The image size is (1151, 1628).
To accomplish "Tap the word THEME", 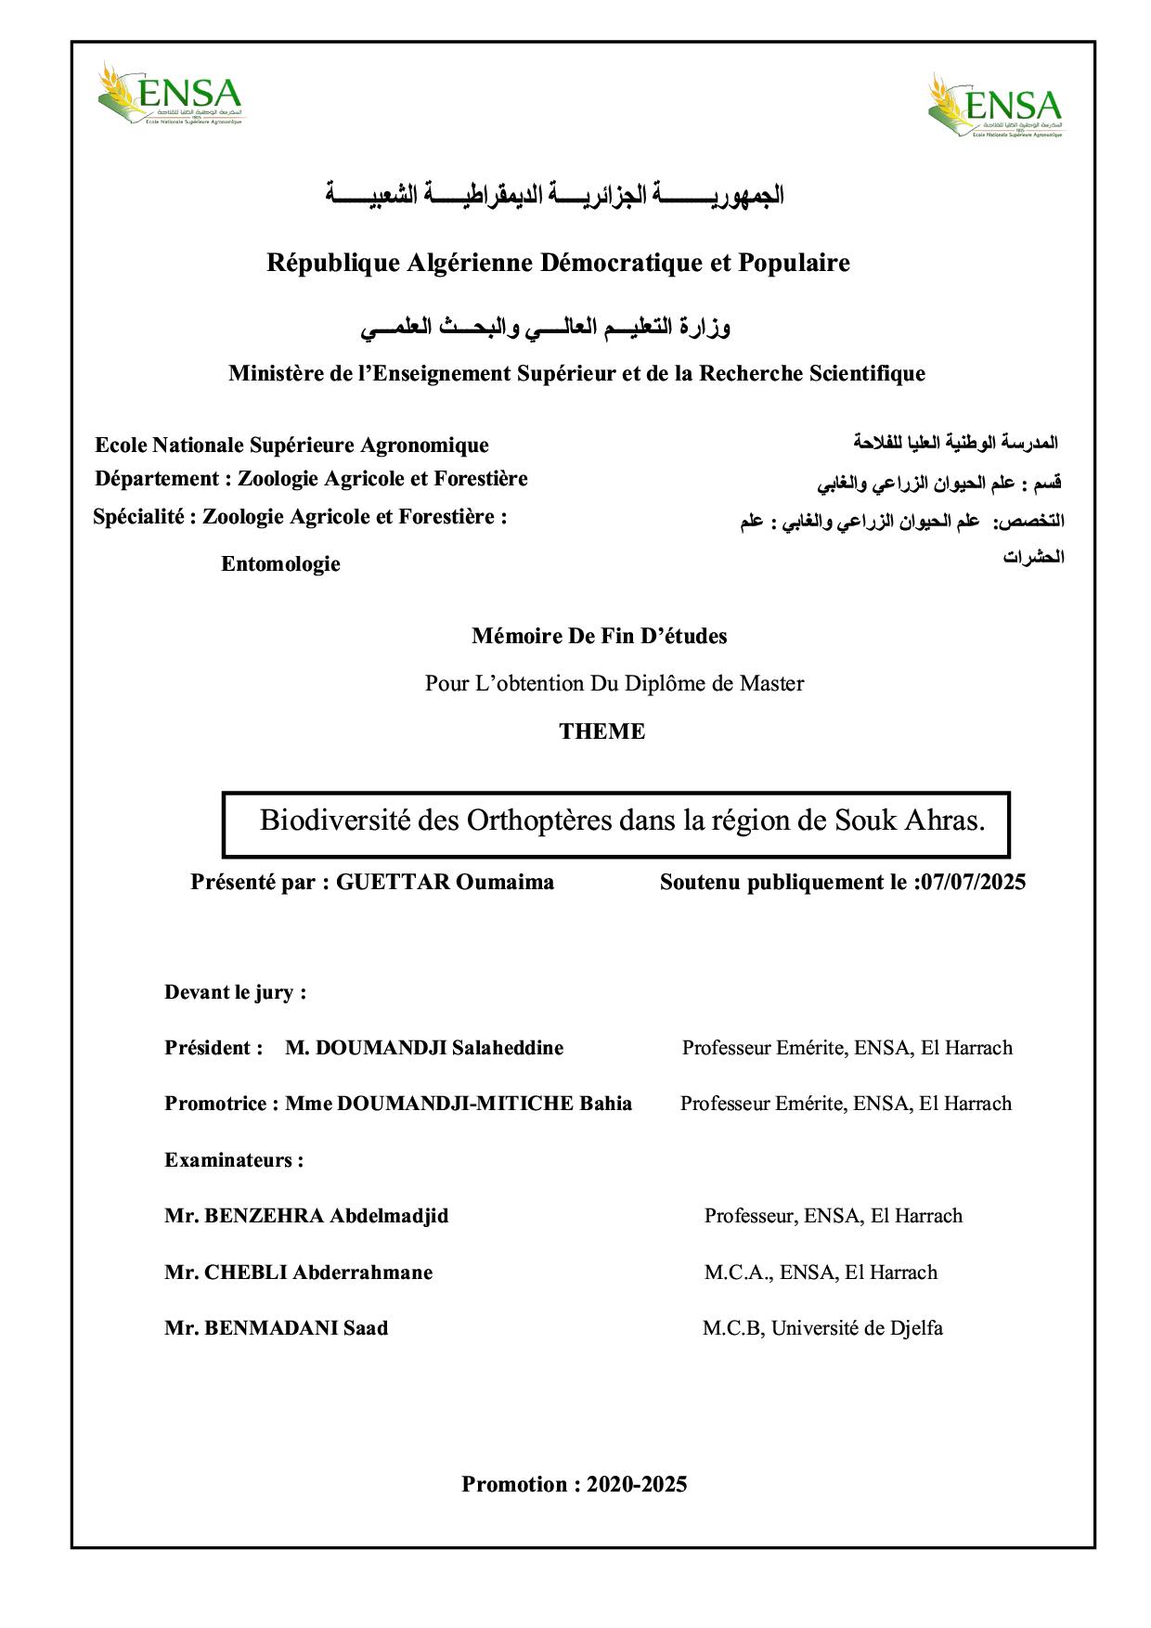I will tap(601, 731).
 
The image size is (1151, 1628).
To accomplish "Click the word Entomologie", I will tap(280, 563).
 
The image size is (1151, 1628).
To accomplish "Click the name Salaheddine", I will tap(507, 1048).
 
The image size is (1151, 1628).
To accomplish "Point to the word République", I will tap(334, 263).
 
